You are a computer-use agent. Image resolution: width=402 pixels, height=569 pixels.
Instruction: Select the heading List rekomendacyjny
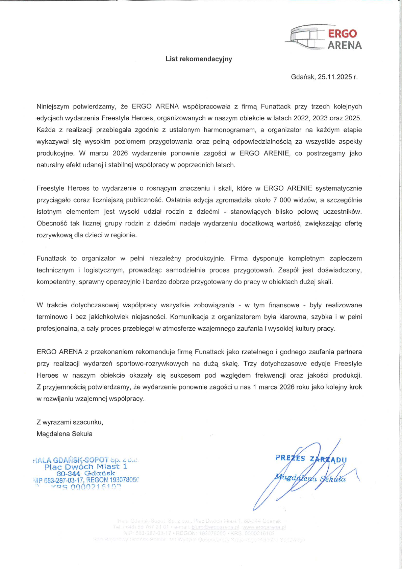(199, 59)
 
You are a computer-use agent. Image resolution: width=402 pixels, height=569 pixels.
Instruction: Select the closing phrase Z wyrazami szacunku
(70, 422)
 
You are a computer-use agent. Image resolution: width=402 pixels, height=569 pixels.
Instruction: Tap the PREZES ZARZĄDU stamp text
(311, 459)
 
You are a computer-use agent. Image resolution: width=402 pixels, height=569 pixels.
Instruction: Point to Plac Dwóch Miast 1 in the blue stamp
(86, 467)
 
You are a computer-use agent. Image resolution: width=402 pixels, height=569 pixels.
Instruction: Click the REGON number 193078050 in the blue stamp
(124, 480)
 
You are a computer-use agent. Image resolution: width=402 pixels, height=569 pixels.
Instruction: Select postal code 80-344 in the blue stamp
(69, 473)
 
